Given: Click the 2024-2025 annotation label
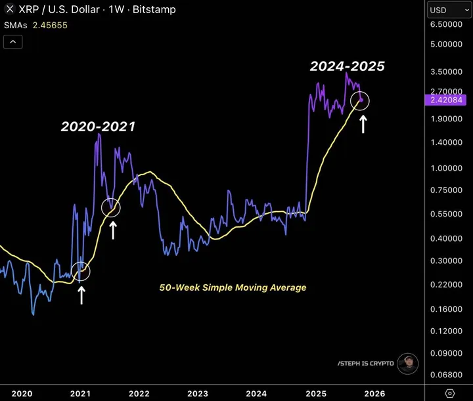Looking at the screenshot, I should [347, 66].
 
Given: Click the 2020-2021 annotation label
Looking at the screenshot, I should [98, 127].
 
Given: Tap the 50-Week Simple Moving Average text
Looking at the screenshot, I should [233, 287].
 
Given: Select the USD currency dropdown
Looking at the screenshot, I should [446, 10].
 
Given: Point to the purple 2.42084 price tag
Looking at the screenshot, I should [447, 100].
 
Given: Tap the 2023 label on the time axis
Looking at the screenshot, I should [198, 393].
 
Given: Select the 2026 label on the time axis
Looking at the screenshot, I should [374, 393].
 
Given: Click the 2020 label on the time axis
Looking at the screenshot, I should [22, 393].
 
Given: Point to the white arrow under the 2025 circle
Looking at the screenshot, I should [363, 123].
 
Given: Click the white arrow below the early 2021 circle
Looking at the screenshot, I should [81, 293].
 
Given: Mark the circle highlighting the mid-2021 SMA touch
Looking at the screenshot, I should [112, 207].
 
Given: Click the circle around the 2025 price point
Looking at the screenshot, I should [361, 100].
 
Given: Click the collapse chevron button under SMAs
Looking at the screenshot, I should [13, 42].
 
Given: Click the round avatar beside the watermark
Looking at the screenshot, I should [408, 363].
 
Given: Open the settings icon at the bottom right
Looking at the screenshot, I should [450, 392].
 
